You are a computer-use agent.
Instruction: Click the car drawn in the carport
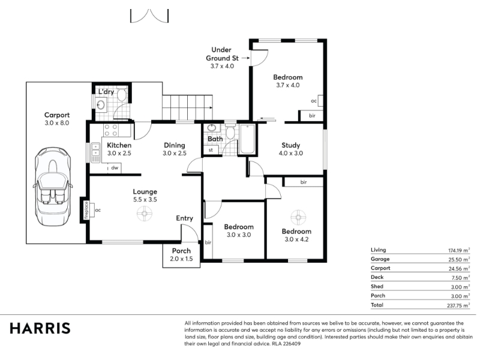(53, 186)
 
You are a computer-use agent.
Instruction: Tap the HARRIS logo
(40, 328)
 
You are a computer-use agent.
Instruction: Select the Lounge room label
(145, 191)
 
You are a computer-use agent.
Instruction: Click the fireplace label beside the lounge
(86, 209)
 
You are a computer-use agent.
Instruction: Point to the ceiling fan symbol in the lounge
(145, 214)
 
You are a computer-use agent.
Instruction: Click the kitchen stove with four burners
(110, 130)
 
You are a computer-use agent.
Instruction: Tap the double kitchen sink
(95, 152)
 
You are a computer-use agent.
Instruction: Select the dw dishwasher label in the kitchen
(115, 168)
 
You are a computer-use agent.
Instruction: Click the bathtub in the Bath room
(247, 139)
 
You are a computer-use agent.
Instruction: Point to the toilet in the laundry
(122, 94)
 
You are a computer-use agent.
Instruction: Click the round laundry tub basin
(101, 105)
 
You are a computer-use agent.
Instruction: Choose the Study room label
(291, 145)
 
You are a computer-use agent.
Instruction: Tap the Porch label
(181, 251)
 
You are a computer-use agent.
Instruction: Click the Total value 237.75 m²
(458, 305)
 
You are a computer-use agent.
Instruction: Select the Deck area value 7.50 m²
(461, 278)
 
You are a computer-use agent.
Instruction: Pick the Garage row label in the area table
(380, 259)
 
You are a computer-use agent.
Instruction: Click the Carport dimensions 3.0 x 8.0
(57, 123)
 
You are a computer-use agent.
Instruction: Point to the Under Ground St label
(222, 54)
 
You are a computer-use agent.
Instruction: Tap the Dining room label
(175, 145)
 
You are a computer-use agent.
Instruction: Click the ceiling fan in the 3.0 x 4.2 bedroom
(298, 217)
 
